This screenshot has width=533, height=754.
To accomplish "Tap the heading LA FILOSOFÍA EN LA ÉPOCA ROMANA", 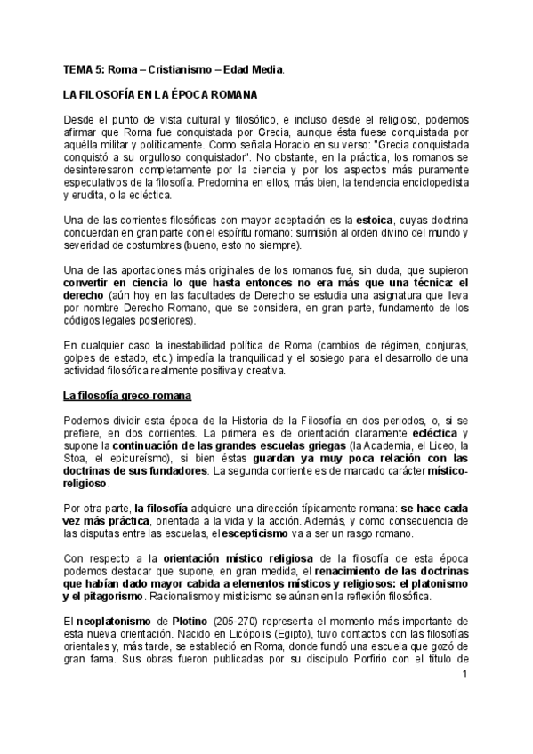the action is (159, 94).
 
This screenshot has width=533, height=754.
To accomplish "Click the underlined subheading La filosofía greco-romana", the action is (132, 395).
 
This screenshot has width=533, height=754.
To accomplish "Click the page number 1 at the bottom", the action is (464, 677).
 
